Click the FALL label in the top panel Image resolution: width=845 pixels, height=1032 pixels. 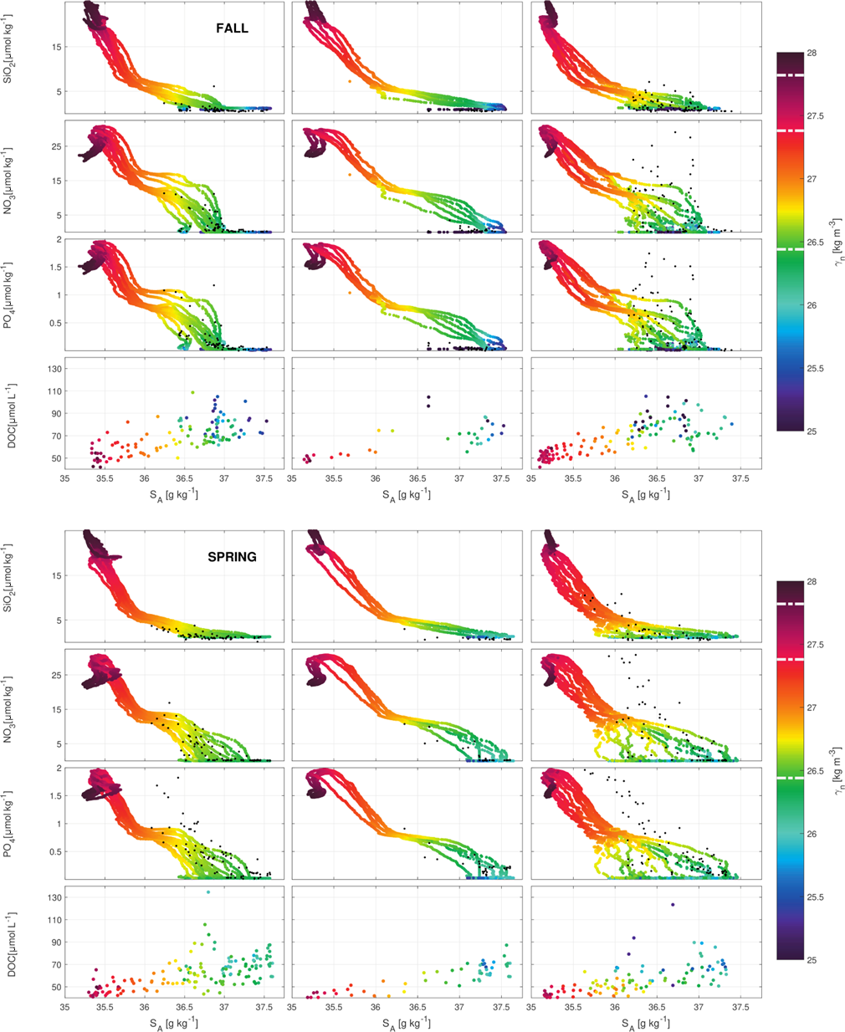[232, 28]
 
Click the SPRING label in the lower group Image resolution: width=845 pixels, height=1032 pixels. [232, 557]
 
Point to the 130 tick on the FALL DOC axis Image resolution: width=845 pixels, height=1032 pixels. [54, 369]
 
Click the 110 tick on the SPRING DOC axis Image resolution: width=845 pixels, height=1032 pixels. [54, 920]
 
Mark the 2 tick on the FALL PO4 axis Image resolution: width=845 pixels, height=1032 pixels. [59, 240]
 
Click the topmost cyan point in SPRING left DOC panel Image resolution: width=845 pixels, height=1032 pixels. [208, 892]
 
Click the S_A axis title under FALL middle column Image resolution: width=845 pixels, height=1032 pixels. [407, 494]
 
